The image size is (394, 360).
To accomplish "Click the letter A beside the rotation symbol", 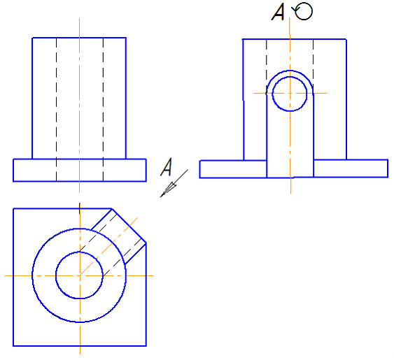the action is click(278, 12).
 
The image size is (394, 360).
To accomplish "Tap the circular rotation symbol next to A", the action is click(303, 11).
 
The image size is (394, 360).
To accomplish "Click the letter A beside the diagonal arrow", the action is click(167, 167).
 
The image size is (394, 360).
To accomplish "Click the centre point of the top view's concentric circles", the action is click(80, 275).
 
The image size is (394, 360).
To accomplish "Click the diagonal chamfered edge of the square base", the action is click(129, 226).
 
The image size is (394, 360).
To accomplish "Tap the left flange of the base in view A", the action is click(233, 169).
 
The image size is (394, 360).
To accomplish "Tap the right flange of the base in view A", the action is click(351, 168).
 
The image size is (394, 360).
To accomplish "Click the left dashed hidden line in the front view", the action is click(56, 110).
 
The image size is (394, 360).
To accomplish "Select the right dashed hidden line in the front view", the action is click(103, 110).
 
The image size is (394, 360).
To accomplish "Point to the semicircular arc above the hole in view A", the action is click(290, 71).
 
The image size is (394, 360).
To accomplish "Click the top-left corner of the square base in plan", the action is click(13, 208).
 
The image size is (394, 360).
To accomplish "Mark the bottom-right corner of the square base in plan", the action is click(146, 346).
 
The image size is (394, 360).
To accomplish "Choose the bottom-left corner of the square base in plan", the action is click(13, 346).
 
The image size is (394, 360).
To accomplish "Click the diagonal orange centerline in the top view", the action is click(108, 247).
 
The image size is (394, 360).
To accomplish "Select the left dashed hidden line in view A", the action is click(267, 66).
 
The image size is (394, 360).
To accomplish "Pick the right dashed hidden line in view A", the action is click(313, 66).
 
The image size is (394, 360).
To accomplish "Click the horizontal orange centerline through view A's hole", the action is click(290, 93).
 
